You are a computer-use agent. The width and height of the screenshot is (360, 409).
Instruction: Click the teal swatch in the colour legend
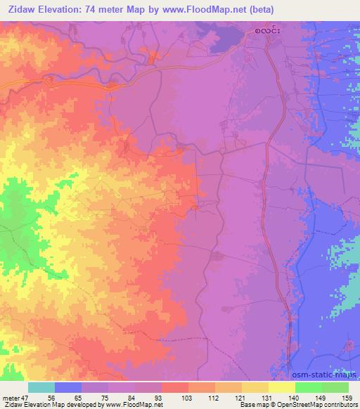click(x=41, y=387)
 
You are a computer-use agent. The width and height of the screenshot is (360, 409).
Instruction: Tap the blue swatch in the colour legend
click(x=68, y=387)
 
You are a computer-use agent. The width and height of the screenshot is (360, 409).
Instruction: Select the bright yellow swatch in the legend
click(x=282, y=387)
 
